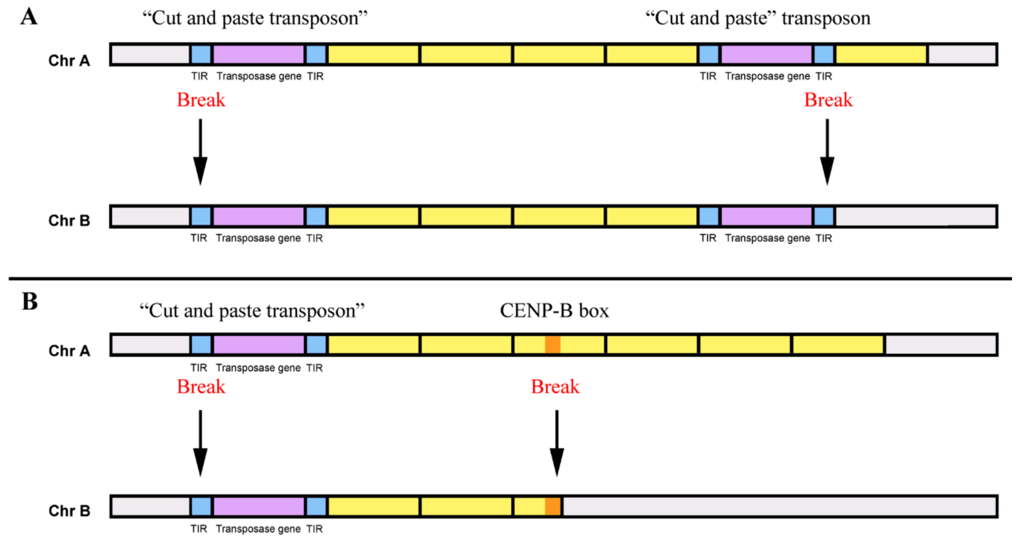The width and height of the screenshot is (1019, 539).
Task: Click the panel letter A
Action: pos(29,17)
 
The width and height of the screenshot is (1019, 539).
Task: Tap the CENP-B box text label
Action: pos(554,311)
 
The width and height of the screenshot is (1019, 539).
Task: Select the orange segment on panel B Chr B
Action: pos(553,506)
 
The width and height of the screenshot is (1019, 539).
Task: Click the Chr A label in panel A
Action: pos(69,61)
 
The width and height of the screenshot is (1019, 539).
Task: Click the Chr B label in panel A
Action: pos(69,220)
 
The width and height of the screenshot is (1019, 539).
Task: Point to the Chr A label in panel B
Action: pos(69,351)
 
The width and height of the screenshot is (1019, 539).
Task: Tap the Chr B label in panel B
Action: pos(69,511)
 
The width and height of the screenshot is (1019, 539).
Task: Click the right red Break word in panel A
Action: pos(828,100)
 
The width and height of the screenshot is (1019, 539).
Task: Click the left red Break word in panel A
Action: pos(201,100)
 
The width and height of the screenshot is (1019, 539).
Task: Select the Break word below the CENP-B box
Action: pos(555,387)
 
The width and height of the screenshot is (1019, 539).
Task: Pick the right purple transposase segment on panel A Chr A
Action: pos(766,55)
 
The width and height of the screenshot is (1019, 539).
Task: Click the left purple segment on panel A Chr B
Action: pos(258,217)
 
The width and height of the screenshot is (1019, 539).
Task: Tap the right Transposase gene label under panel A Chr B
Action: pos(767,238)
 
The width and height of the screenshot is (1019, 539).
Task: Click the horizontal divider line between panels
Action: pos(509,279)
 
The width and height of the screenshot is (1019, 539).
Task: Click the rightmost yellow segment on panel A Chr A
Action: pos(881,55)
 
